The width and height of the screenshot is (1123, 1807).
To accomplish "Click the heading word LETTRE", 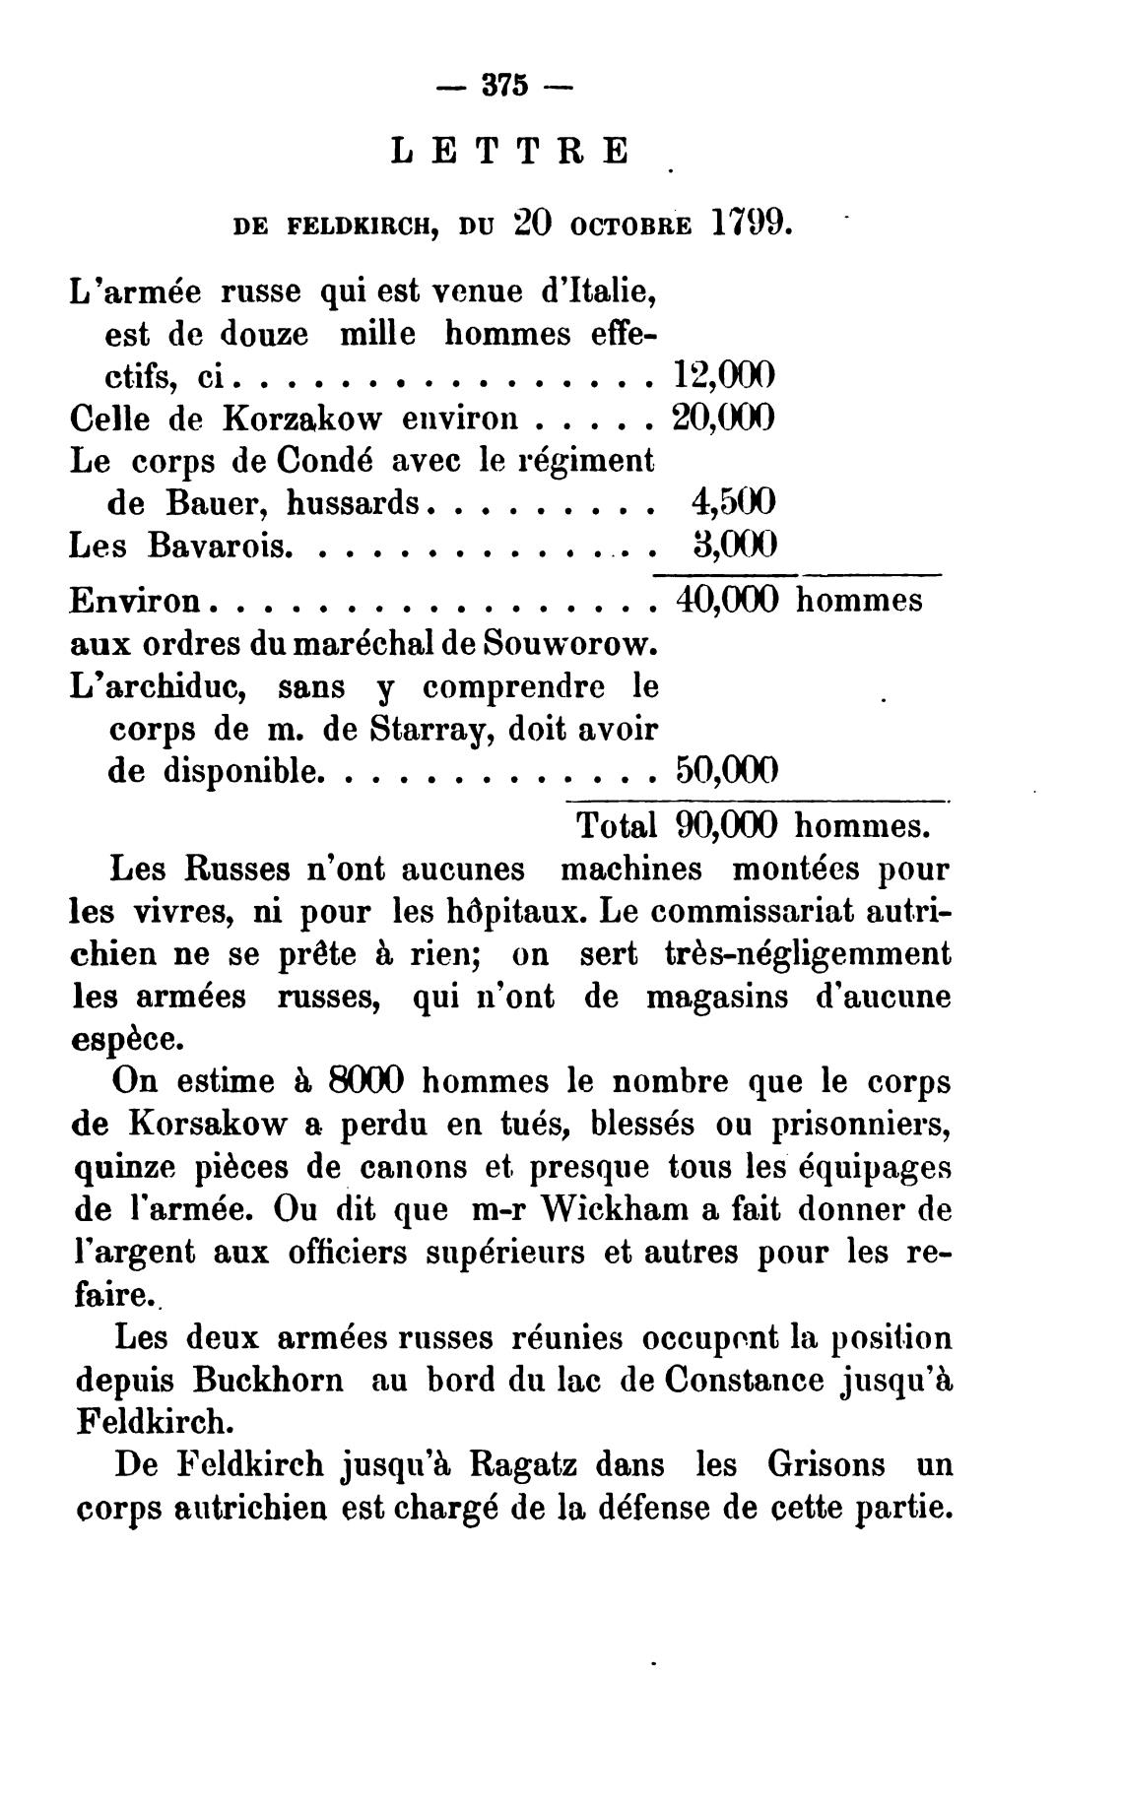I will (509, 152).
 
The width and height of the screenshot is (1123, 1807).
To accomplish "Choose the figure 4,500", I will (734, 502).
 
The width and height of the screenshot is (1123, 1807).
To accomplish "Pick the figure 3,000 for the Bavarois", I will (734, 544).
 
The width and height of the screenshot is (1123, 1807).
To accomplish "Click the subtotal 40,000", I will (728, 600).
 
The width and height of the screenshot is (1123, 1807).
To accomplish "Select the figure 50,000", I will (727, 769).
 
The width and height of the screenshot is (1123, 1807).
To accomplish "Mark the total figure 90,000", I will (728, 825).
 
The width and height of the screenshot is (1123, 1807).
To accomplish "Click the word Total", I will (617, 825).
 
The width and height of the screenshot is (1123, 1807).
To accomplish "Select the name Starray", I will (423, 728).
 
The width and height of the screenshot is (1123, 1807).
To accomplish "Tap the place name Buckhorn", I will (268, 1379).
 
